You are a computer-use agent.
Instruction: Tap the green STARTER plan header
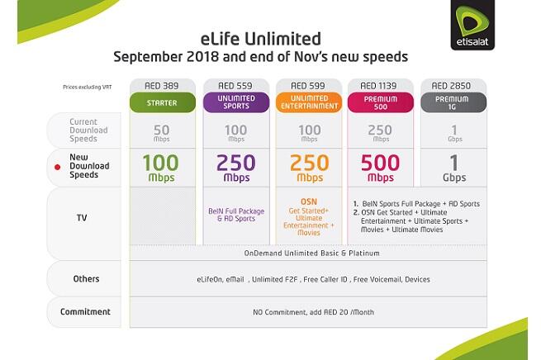163,102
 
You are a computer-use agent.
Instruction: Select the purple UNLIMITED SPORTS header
235,102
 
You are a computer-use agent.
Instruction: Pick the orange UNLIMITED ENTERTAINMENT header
308,102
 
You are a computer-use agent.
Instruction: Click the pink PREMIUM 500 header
380,102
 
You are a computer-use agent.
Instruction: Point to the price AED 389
163,85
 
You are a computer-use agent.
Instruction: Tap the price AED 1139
380,85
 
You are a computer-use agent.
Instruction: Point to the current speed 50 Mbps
163,132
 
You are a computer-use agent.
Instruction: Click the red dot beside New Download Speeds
57,167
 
